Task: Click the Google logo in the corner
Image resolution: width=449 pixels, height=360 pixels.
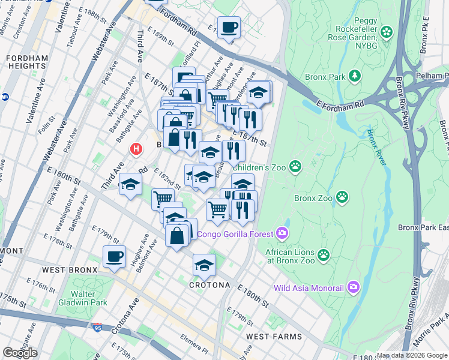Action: [20, 353]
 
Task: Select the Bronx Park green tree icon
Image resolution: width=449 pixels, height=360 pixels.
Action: [355, 76]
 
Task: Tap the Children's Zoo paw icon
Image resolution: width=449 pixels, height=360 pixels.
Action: [295, 166]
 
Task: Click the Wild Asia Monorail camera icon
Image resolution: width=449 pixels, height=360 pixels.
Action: [352, 287]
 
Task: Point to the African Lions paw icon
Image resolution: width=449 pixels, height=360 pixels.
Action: [324, 255]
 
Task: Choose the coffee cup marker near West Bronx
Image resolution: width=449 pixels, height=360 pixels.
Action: [114, 257]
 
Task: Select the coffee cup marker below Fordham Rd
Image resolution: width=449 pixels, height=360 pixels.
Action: [229, 27]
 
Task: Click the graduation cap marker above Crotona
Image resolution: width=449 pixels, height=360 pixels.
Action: [204, 265]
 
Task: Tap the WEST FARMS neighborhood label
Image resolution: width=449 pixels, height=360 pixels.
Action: [269, 337]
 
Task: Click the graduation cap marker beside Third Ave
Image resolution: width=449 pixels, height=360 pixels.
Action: [130, 185]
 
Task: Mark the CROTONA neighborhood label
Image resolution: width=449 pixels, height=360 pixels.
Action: [209, 285]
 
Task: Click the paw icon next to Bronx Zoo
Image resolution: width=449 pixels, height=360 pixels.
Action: [342, 196]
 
